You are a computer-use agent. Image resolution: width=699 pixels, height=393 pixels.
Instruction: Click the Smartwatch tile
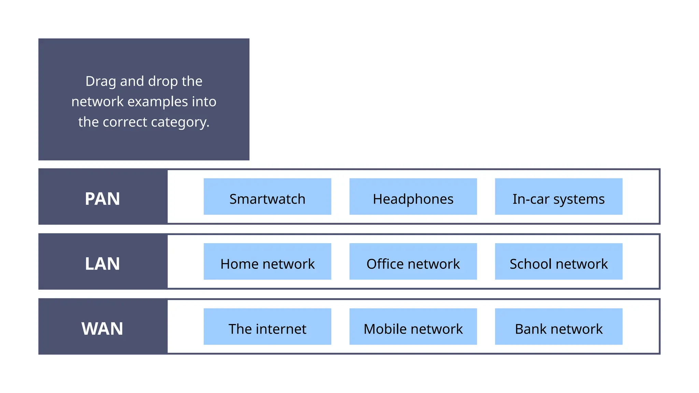click(267, 196)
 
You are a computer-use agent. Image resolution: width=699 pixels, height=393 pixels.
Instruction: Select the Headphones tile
click(413, 196)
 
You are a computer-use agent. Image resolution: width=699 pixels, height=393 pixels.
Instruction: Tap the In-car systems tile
click(558, 196)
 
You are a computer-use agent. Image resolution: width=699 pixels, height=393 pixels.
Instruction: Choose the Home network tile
click(267, 262)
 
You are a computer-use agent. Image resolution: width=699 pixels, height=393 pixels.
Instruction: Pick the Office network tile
click(413, 262)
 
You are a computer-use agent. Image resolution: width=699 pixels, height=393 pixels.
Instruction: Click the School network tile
click(558, 262)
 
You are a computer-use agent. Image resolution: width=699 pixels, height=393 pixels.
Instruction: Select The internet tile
click(267, 327)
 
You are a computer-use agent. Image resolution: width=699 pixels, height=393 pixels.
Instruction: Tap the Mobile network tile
click(413, 327)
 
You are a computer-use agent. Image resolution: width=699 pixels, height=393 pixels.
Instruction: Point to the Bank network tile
click(558, 327)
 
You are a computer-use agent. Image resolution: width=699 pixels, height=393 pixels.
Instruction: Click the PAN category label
click(102, 199)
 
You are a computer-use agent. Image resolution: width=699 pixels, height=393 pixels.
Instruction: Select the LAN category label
click(102, 264)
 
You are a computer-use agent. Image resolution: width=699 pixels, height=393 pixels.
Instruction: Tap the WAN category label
click(102, 329)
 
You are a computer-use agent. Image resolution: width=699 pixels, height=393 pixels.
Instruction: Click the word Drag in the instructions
click(100, 82)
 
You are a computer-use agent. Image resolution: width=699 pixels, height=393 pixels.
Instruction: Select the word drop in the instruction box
click(163, 82)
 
